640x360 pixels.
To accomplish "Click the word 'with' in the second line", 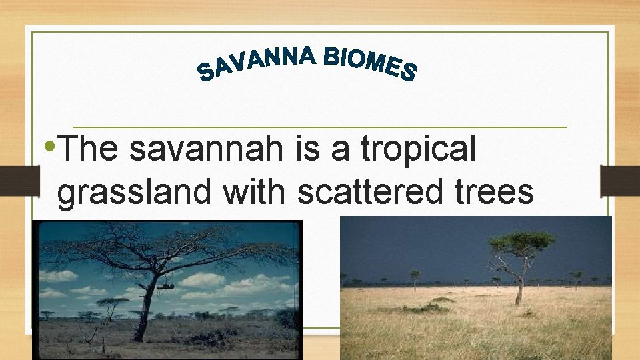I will pos(254,192).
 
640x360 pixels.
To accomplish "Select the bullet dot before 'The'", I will pos(52,146).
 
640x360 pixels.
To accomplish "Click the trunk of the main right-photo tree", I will pos(519,287).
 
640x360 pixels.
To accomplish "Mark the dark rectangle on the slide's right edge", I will pos(619,180).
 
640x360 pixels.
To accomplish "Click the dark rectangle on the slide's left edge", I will pos(17,180).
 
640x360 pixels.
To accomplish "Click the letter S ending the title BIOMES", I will pos(408,71).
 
